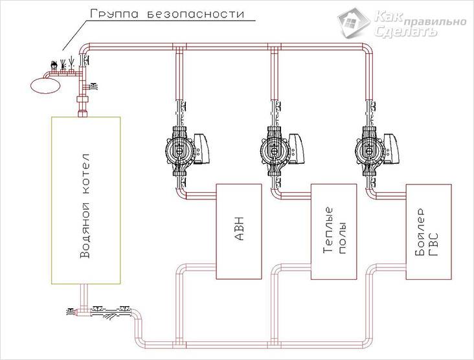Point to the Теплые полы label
coord(333,231)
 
